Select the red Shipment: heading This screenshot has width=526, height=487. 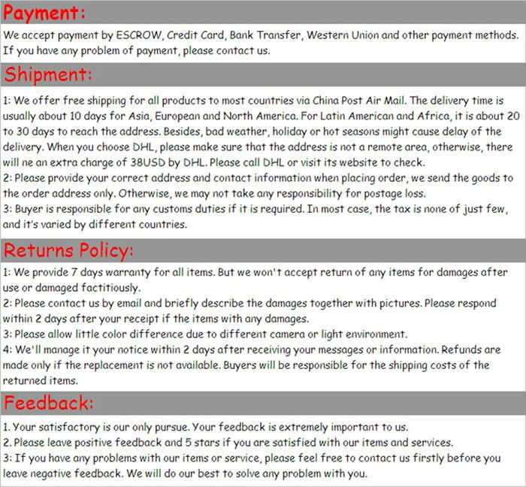49,75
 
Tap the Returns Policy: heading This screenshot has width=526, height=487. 69,250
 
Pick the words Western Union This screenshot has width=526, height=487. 345,35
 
